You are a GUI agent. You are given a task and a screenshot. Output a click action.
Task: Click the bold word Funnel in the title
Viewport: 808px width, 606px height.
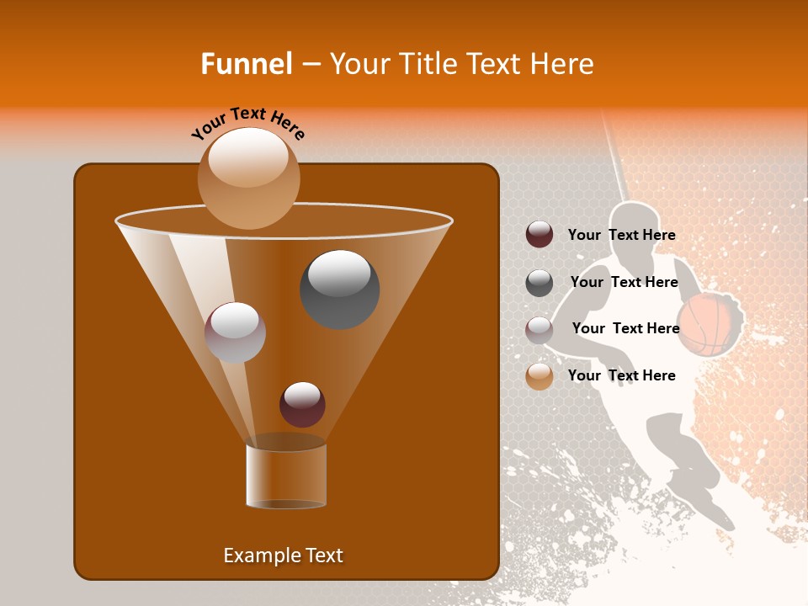click(246, 64)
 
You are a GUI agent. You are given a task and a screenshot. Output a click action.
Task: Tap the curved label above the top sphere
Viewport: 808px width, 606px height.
click(248, 123)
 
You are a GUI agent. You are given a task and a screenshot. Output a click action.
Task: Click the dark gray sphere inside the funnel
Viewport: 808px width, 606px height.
click(340, 289)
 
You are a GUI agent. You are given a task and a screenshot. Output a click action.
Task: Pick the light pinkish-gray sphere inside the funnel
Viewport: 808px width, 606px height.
click(235, 332)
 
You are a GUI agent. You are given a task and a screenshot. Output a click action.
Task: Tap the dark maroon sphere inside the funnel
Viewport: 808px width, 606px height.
click(302, 404)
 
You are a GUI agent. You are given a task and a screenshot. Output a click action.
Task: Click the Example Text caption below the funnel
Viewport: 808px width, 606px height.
click(283, 555)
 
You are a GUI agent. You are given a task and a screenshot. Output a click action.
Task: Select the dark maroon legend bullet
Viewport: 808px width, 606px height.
click(540, 235)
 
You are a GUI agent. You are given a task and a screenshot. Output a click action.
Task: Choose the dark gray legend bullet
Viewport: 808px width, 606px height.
click(540, 283)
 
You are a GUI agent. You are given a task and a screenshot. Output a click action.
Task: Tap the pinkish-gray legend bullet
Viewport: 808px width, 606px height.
click(540, 330)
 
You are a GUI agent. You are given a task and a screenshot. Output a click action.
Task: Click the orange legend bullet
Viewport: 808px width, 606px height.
click(540, 376)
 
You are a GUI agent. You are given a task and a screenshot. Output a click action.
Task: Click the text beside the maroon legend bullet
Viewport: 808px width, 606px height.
click(621, 235)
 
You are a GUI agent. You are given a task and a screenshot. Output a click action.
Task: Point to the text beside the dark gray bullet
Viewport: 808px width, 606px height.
click(624, 282)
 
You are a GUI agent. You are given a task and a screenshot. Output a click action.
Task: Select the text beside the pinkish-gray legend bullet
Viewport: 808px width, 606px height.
click(625, 328)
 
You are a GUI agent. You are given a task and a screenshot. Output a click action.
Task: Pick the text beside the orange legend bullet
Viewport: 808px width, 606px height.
click(621, 375)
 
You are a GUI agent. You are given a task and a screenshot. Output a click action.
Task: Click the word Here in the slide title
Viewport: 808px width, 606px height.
click(563, 64)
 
